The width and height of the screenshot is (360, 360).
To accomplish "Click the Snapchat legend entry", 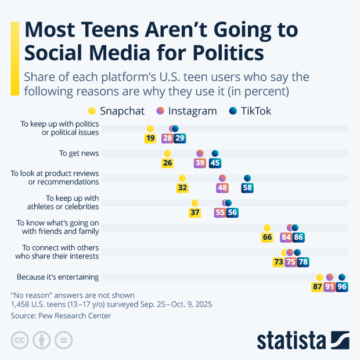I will pos(116,111).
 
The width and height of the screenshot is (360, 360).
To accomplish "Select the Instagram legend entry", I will pos(186,111).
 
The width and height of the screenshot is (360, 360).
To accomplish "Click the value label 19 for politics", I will pos(150,138).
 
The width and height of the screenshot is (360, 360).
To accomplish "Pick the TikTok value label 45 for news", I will pos(215,163).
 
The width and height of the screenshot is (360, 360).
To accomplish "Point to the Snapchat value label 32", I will pos(182,188).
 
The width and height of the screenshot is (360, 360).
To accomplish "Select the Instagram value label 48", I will pos(222,188).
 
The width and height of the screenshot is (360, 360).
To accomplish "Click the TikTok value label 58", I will pos(247,188).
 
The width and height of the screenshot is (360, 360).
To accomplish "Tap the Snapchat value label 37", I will pos(195,213).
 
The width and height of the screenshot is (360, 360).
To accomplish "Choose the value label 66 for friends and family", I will pos(267,237).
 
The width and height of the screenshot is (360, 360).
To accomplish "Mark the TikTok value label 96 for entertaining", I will pos(342,287).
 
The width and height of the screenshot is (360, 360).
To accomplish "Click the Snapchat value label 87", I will pos(318,287).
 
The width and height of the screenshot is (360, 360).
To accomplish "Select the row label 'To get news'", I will pos(79,153).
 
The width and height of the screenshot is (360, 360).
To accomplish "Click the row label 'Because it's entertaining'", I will pos(57,277).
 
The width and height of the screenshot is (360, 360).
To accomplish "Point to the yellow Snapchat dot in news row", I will pos(168,153).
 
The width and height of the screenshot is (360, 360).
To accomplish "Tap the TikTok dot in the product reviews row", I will pos(247,178).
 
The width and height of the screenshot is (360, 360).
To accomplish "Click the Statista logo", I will pos(303,340).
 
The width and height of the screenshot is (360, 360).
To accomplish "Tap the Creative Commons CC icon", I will pos(20,340).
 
